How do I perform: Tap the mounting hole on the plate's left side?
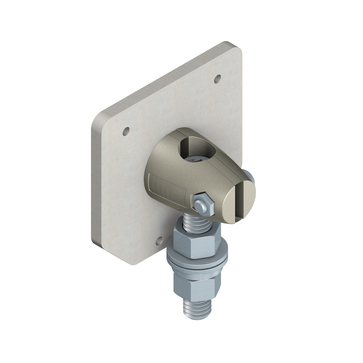coord(126,131)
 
